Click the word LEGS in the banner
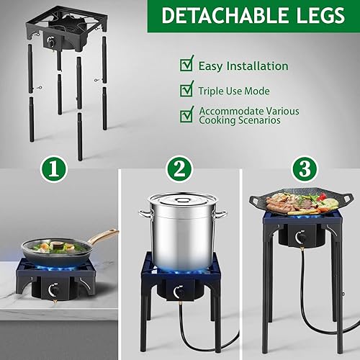click(314, 15)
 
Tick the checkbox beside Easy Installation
click(186, 65)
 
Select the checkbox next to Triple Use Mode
click(186, 90)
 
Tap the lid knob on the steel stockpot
click(183, 196)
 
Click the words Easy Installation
click(243, 66)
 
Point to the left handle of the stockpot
click(144, 214)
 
